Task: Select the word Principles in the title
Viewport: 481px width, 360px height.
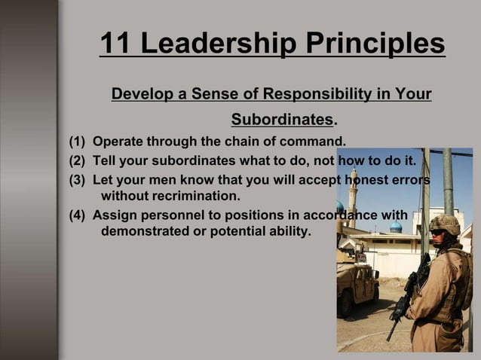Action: (x=376, y=44)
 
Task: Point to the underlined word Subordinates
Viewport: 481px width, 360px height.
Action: (x=281, y=120)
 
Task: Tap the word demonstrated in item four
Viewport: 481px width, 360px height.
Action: (x=144, y=231)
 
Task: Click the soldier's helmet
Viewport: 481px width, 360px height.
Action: (x=444, y=224)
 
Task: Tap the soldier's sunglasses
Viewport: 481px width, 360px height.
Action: (x=438, y=232)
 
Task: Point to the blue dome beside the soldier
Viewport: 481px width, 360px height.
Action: (x=395, y=226)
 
